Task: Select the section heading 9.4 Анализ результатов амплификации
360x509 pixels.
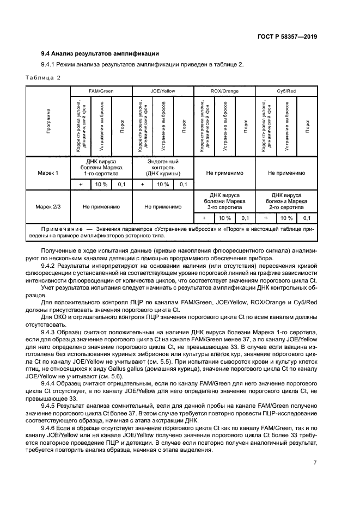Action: point(100,53)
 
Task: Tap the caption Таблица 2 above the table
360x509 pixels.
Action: point(44,78)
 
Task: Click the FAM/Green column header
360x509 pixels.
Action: point(101,91)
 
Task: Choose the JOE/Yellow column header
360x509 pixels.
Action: point(162,91)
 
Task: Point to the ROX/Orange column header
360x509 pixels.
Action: point(224,91)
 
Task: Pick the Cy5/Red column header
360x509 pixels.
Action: point(286,91)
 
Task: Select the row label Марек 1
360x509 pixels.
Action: point(48,173)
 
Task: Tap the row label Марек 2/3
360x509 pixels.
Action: point(48,206)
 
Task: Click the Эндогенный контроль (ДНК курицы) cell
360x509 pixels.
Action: point(162,168)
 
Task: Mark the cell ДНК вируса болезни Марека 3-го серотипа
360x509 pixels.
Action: point(224,201)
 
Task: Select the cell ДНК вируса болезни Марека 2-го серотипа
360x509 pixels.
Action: point(286,201)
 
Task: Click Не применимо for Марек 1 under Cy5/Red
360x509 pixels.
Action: point(286,173)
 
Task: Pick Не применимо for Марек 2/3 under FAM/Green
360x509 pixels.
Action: point(101,206)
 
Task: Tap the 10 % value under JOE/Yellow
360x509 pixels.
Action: point(162,185)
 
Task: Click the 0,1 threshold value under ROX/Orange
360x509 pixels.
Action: point(245,218)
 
